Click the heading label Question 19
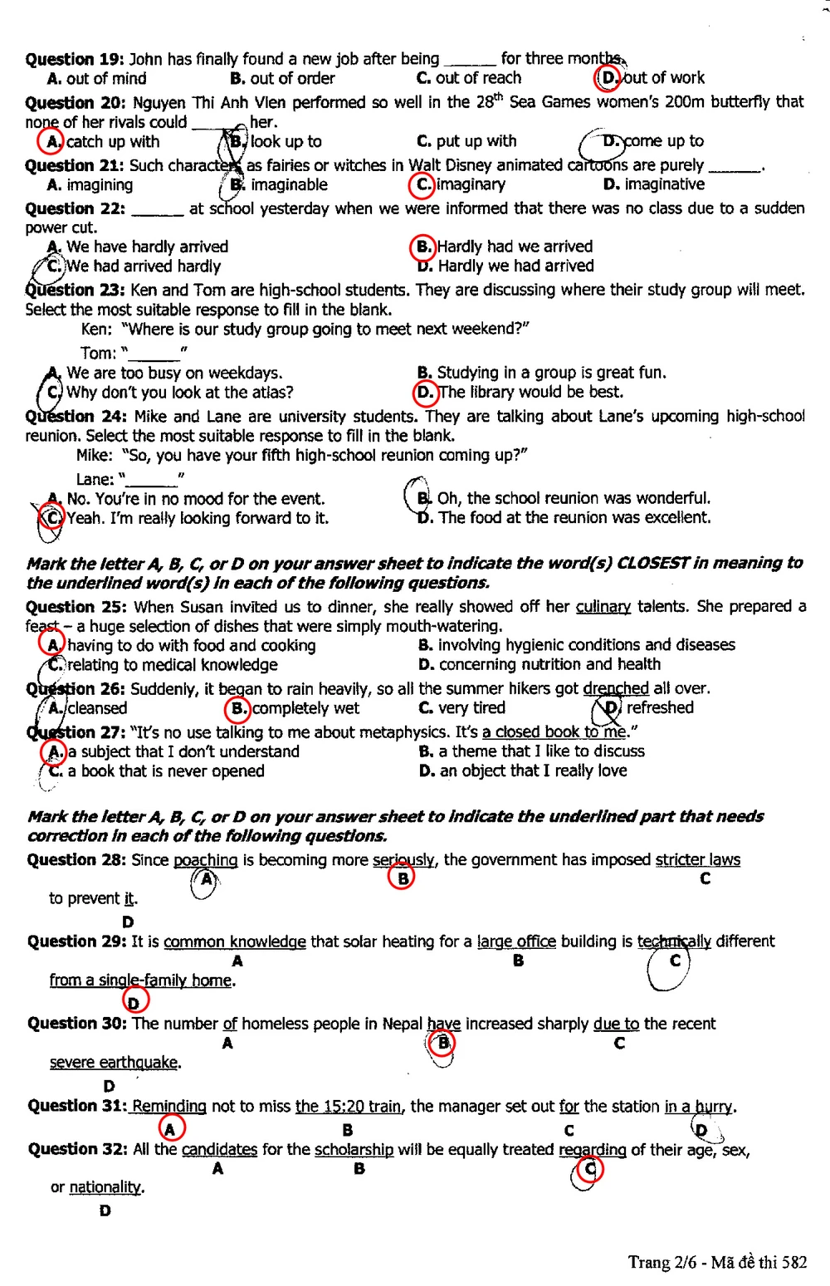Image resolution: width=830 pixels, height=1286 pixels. point(75,59)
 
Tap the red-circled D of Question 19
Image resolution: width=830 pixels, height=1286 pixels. point(608,78)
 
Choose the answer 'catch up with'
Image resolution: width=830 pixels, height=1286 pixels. point(112,142)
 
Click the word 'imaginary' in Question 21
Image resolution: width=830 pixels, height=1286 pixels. point(471,184)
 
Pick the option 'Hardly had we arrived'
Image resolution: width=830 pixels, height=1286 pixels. point(515,247)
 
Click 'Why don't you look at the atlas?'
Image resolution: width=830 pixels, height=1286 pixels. point(179,393)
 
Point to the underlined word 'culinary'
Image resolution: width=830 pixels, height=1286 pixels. point(603,607)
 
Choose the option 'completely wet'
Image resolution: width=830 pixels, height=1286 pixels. point(305,708)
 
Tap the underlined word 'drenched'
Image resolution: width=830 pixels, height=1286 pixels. point(616,689)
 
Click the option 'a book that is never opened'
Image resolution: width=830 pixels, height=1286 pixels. point(165,771)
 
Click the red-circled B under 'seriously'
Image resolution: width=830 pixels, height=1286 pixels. point(402,878)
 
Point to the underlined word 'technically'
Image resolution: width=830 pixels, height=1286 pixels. point(674,942)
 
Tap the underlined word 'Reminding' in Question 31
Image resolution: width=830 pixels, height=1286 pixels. point(169,1107)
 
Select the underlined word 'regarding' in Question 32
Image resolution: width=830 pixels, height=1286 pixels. point(593,1150)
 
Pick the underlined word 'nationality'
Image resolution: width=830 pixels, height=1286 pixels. point(106,1188)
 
